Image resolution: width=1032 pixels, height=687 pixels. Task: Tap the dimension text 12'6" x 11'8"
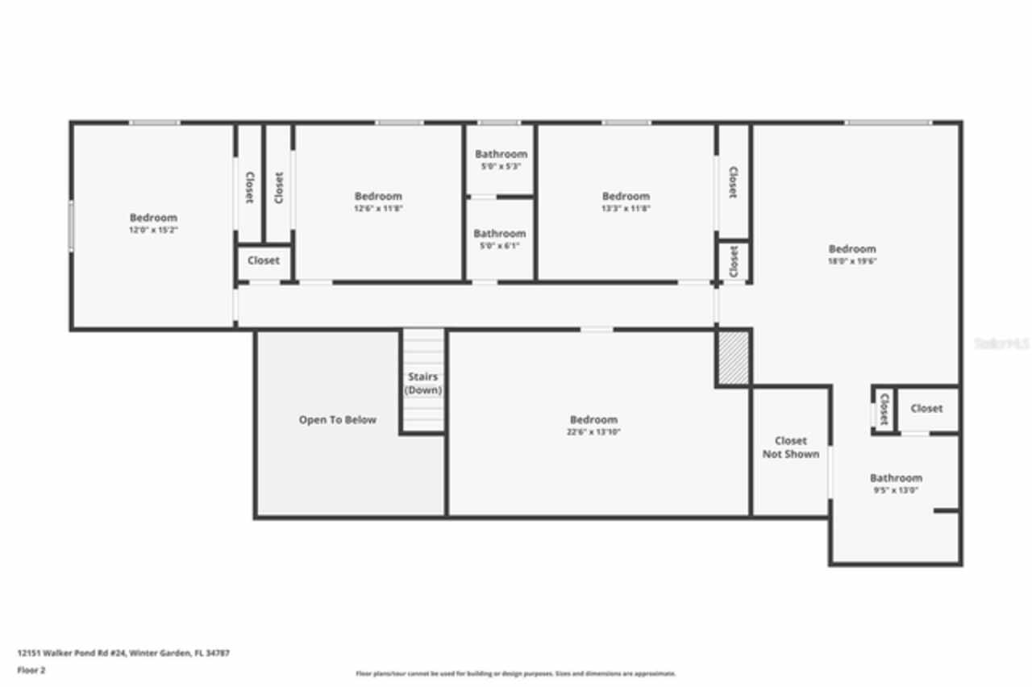click(378, 208)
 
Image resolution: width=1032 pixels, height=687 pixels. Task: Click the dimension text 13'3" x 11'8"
click(626, 208)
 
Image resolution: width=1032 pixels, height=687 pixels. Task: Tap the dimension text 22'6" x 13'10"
click(593, 432)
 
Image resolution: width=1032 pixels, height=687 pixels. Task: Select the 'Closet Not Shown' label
click(790, 448)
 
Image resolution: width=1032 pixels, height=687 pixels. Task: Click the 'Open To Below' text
click(337, 420)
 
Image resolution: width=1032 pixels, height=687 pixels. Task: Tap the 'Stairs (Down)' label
click(423, 384)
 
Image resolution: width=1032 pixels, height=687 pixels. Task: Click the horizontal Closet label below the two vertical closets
click(264, 260)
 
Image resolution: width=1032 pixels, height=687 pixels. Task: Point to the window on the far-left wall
click(71, 226)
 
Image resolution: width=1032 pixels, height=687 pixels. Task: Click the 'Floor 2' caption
click(31, 670)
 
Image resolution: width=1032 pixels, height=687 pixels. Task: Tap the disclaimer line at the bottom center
click(516, 673)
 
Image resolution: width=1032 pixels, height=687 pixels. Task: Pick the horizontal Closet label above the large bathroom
click(926, 409)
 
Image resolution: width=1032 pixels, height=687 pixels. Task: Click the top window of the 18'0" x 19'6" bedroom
click(888, 123)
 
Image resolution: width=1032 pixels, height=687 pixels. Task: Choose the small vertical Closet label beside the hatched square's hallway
click(733, 261)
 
